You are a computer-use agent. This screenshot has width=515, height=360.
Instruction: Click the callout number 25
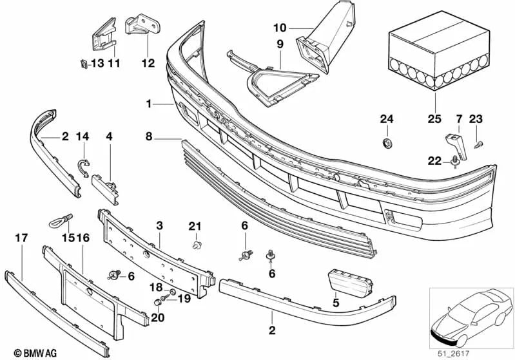click(x=435, y=119)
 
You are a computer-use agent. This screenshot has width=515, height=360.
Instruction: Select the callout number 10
click(x=279, y=28)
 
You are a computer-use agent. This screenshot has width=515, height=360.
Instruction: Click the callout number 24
click(x=386, y=119)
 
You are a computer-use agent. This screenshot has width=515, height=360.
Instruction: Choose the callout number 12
click(x=148, y=63)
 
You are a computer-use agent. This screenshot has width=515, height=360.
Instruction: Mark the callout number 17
click(x=21, y=238)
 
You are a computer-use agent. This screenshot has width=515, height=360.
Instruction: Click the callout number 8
click(x=149, y=137)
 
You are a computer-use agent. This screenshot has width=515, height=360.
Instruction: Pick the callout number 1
click(x=149, y=103)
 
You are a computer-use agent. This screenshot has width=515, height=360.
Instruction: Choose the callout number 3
click(x=159, y=225)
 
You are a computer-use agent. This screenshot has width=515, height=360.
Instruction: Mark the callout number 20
click(x=159, y=317)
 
